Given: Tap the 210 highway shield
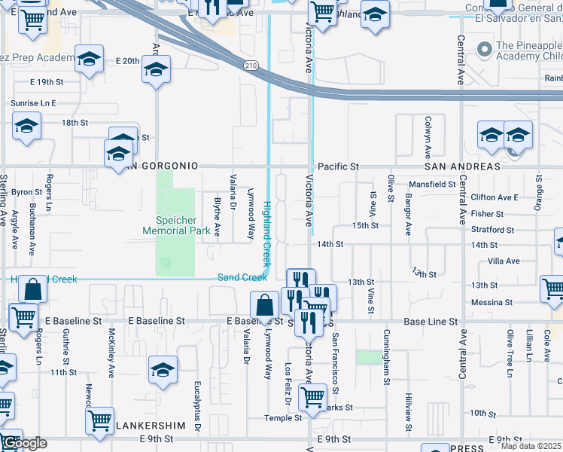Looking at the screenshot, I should (249, 66).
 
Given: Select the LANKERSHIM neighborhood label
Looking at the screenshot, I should (151, 425).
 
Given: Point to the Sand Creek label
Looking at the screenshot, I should (242, 277).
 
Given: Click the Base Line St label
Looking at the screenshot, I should (431, 321).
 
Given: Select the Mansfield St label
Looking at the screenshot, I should (432, 184).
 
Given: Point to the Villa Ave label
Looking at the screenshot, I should (504, 261).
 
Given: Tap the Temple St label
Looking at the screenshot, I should (283, 417).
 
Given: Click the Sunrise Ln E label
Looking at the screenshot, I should (33, 102).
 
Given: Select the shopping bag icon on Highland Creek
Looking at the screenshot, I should (32, 289).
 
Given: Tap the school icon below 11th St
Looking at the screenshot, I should (162, 370).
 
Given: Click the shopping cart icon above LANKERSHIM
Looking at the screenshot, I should (99, 420).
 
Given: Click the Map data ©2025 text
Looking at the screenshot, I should (531, 446).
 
